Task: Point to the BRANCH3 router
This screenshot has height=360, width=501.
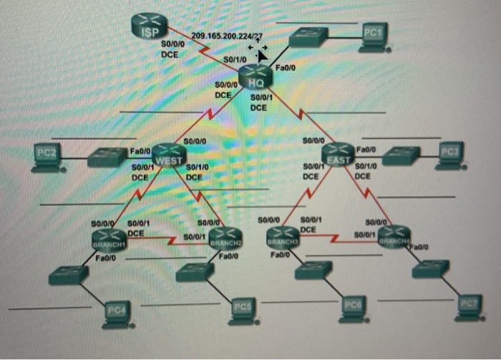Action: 282,236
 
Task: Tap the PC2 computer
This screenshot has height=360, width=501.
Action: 48,157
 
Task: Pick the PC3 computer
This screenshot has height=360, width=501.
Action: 449,156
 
